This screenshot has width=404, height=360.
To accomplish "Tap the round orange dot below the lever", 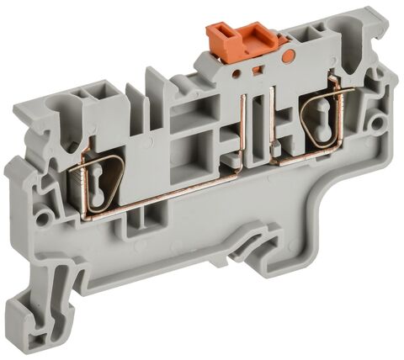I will (289, 57).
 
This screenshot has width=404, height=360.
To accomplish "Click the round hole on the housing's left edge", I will (38, 220).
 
